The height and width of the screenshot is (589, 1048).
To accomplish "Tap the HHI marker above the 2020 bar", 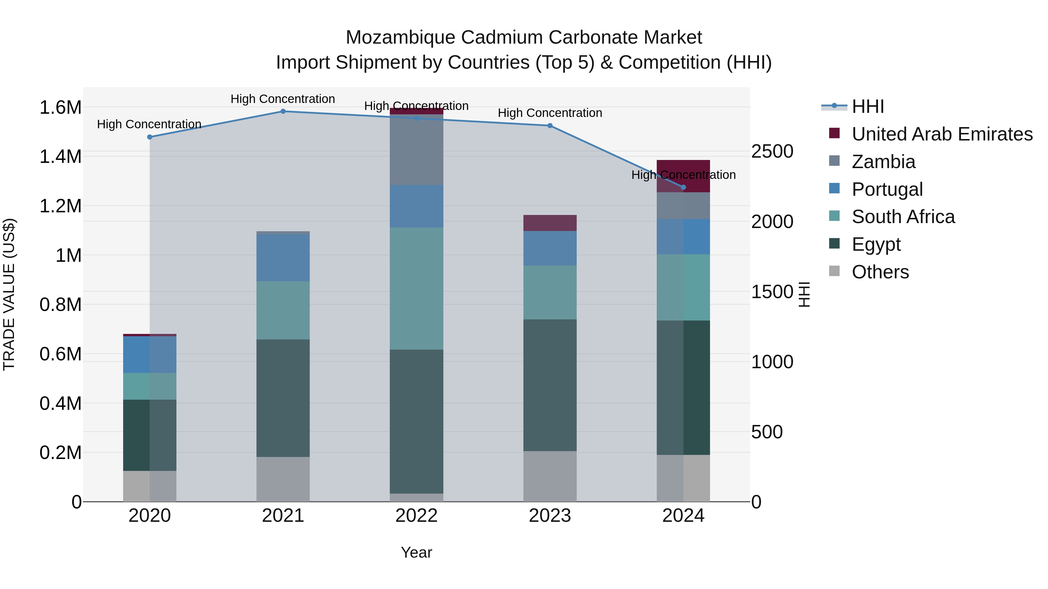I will click(x=150, y=137).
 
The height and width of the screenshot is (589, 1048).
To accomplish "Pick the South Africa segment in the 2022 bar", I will click(x=416, y=288).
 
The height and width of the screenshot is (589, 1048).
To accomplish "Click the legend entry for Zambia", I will click(x=883, y=162).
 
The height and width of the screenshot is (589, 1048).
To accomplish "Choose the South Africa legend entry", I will click(x=903, y=217).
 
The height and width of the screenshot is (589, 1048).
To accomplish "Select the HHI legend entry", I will click(x=868, y=106).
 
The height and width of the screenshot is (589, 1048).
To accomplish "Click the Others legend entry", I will click(x=880, y=272).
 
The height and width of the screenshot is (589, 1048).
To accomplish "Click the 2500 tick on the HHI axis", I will click(x=772, y=152).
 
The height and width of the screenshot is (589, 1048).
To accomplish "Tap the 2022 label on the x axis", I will click(x=416, y=516).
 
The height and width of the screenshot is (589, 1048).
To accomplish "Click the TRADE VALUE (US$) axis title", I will click(x=9, y=294).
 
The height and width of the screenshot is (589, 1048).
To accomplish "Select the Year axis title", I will click(x=416, y=552).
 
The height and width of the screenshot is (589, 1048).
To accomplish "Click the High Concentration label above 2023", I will click(x=550, y=113).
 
